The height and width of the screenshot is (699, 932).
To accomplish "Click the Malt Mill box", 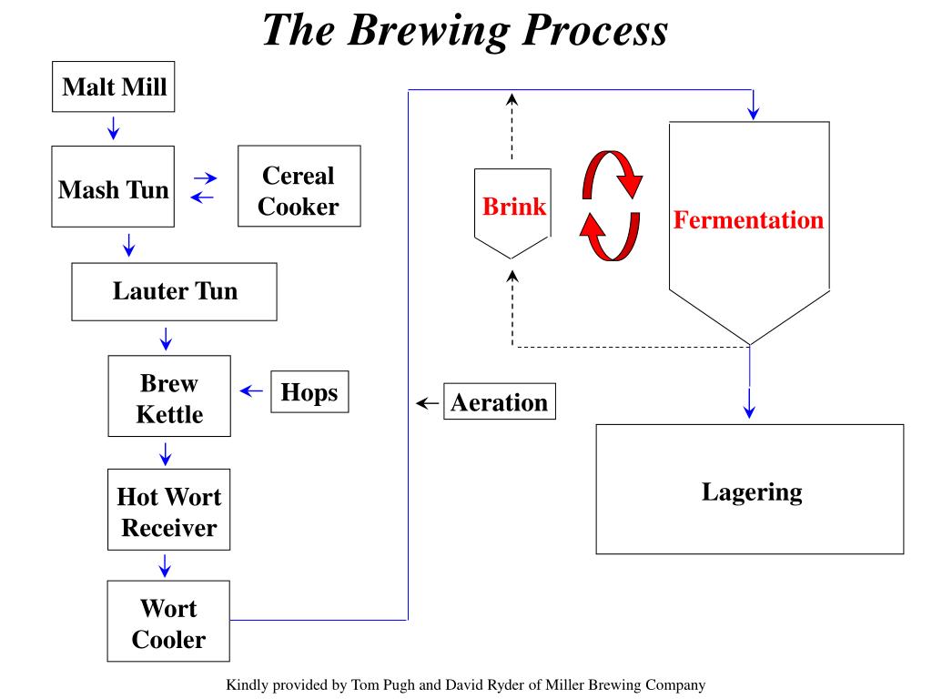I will tap(114, 87).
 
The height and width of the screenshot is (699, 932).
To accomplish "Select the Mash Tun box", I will tap(113, 190).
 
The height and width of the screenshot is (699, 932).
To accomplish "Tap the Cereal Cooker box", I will tap(299, 190).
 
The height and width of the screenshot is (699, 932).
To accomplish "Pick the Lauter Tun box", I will tap(174, 291).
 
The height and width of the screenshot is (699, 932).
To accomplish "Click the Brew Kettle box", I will tap(169, 399).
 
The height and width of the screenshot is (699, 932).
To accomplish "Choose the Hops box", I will tap(309, 392).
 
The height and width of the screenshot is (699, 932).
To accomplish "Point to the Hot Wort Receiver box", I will tap(168, 512).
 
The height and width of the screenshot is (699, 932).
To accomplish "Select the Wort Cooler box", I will tap(168, 623).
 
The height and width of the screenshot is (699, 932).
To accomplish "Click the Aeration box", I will tap(499, 402).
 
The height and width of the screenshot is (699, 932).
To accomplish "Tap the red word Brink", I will tap(514, 207).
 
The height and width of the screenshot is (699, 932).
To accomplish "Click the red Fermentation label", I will tap(748, 219).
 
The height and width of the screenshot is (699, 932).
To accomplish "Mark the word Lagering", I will tap(751, 492).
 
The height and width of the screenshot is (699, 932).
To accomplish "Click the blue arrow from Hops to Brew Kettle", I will tap(251, 391).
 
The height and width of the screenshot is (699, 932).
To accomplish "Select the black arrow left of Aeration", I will tap(425, 403).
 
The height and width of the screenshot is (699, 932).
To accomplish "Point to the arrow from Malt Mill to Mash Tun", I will tap(113, 127).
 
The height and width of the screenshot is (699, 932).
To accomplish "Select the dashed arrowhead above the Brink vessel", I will tap(512, 99).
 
